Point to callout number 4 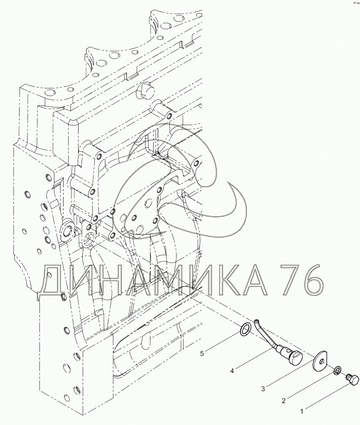pos(232,371)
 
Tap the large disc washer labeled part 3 pos(320,361)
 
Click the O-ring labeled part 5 pos(245,329)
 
